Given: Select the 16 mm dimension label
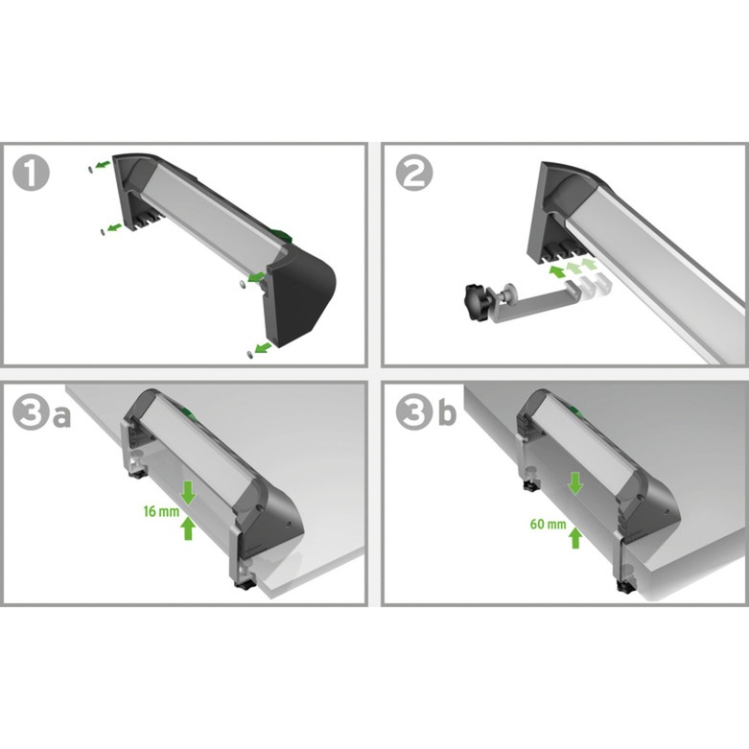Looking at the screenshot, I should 158,512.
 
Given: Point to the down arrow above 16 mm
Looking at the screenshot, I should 188,492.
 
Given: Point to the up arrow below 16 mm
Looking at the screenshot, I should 188,528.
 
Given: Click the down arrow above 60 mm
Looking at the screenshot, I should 574,483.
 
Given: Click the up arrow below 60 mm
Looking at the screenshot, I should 574,538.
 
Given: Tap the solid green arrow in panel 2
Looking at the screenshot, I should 556,271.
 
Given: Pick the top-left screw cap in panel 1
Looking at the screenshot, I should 90,169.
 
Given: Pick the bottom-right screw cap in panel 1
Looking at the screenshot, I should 249,353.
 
